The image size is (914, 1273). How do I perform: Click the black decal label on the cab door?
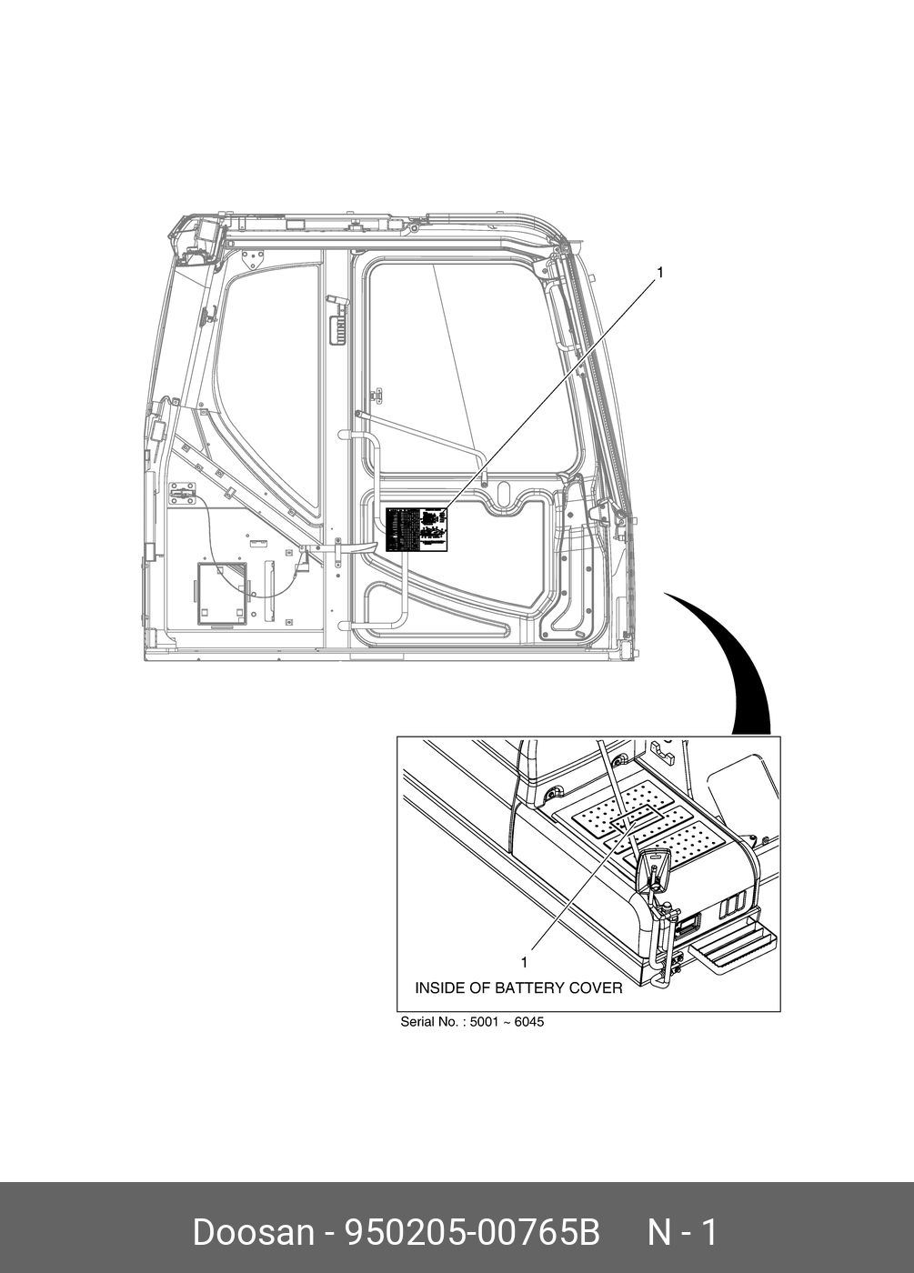tap(417, 530)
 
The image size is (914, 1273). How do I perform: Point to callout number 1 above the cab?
tap(660, 272)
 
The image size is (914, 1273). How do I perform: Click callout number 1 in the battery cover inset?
tap(524, 962)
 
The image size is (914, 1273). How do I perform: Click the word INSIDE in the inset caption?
tap(440, 987)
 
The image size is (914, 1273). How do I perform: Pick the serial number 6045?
tap(528, 1022)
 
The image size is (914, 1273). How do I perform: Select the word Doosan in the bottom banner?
tap(253, 1233)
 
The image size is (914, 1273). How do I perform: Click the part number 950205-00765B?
tap(470, 1233)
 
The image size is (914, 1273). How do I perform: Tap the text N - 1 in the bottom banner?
tap(682, 1233)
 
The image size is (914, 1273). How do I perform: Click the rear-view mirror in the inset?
tap(654, 869)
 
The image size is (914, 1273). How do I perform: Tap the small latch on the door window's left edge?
tap(377, 396)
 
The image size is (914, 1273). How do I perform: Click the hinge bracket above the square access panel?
tap(183, 492)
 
